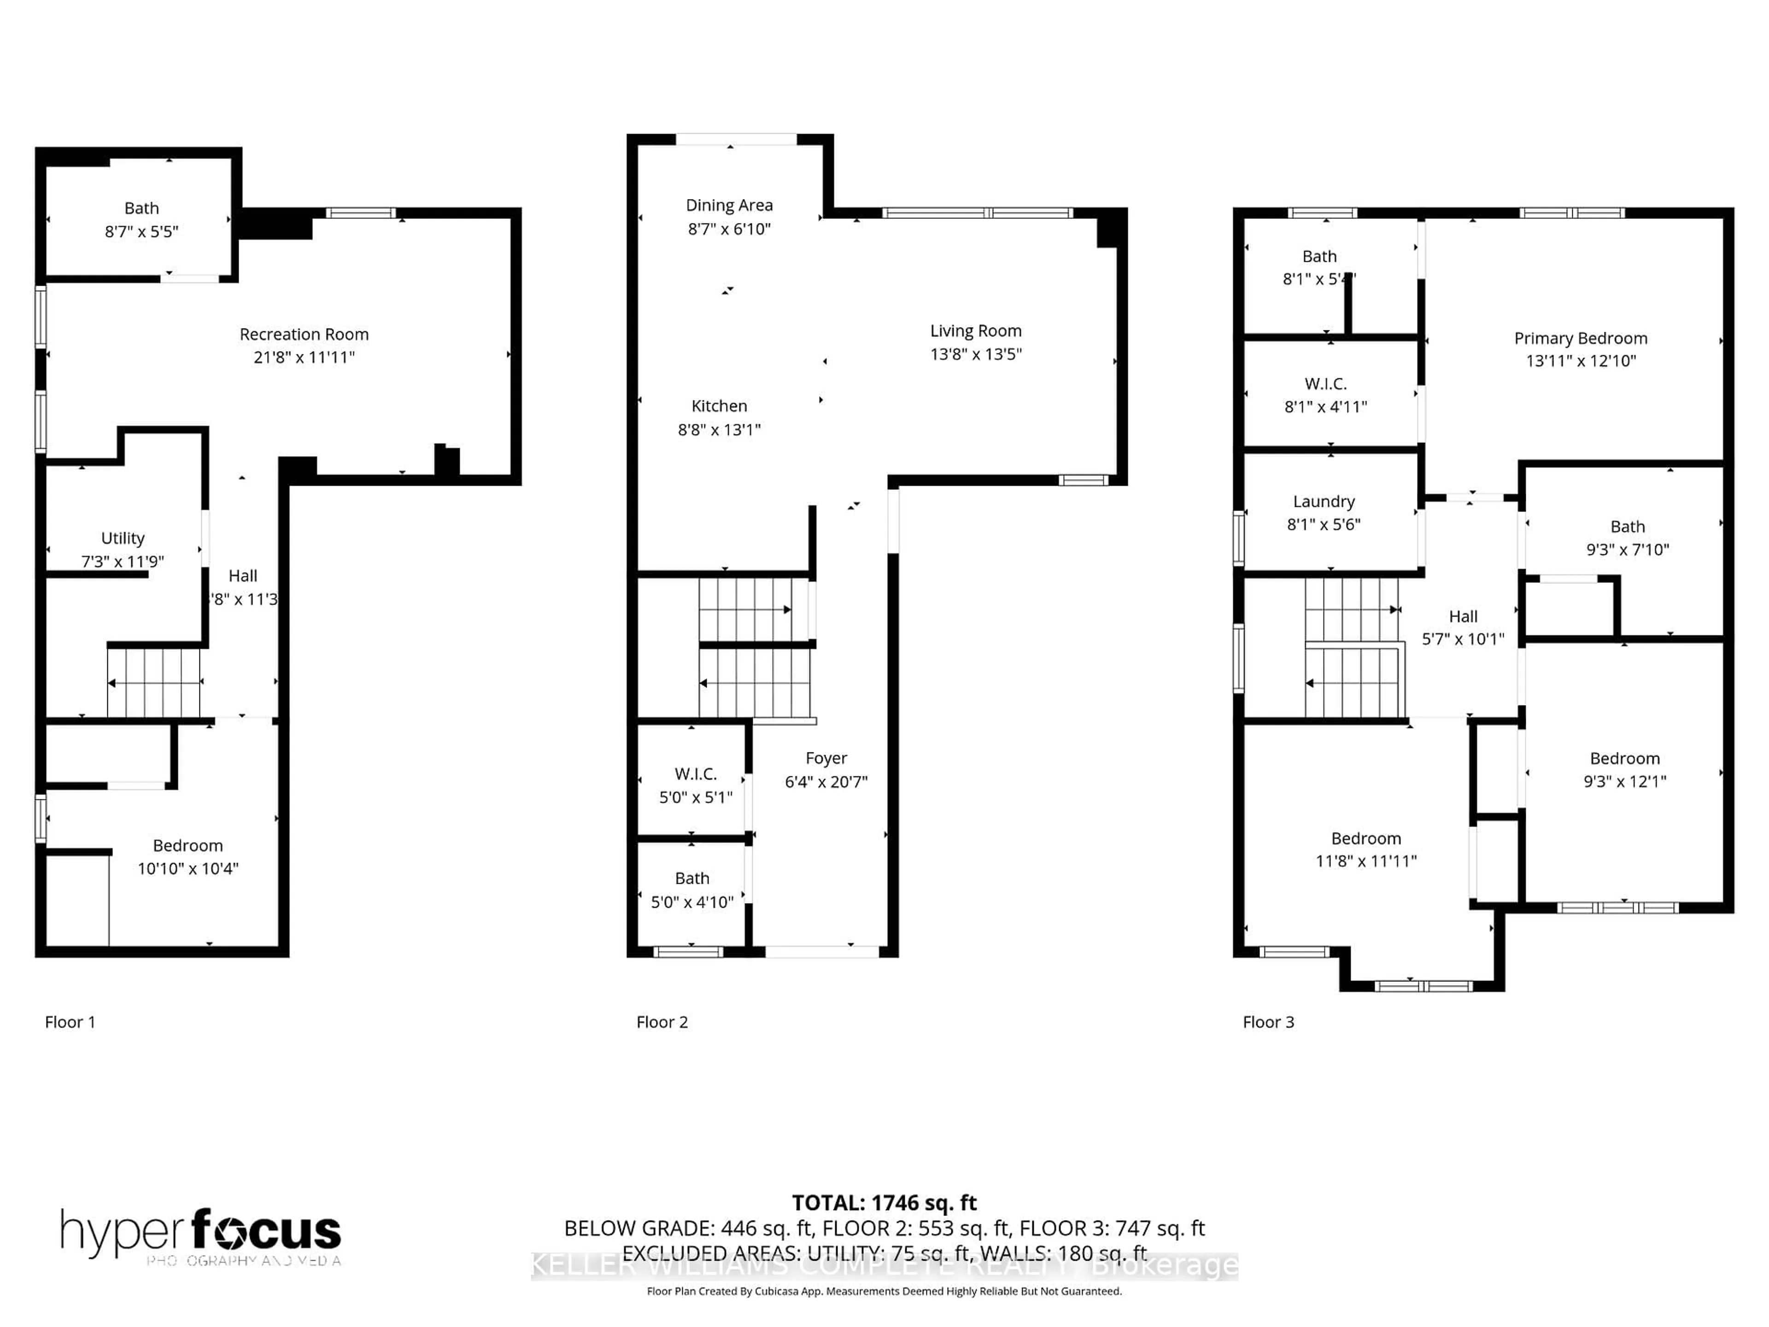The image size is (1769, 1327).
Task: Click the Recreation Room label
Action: point(304,335)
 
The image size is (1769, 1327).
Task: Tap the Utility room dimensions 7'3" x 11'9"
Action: point(123,562)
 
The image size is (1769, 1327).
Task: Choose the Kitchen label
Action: point(719,406)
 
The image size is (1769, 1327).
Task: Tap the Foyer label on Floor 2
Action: point(826,758)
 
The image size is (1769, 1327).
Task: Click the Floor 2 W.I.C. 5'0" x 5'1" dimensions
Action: point(695,798)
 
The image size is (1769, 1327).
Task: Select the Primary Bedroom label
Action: point(1580,338)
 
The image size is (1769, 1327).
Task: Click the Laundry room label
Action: point(1324,501)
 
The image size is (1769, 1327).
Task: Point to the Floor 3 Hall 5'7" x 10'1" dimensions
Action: point(1463,639)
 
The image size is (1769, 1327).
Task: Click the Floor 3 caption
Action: point(1268,1022)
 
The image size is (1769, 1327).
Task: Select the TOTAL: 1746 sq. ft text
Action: point(884,1203)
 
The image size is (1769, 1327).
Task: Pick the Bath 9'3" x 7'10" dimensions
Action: point(1628,550)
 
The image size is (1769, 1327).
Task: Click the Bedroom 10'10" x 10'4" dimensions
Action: point(188,869)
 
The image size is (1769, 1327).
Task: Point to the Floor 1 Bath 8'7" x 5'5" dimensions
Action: point(141,232)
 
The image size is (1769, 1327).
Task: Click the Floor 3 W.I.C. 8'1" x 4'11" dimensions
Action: point(1325,407)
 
